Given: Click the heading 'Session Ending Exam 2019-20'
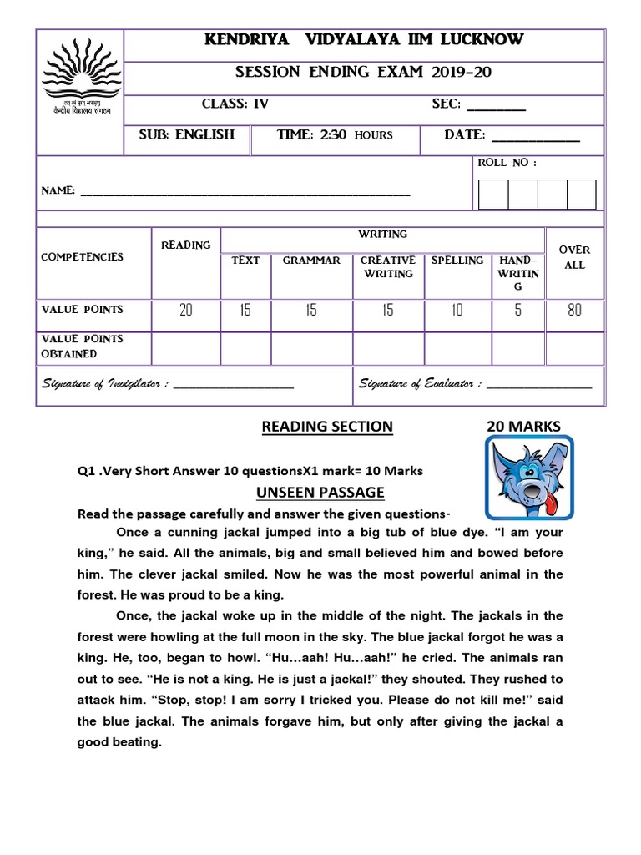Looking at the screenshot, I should point(362,72).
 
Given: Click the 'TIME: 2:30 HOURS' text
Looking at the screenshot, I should point(334,135).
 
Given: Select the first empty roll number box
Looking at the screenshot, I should point(492,194).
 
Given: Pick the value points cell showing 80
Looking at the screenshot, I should point(575,311).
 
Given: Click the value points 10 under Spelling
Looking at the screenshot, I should point(457,311).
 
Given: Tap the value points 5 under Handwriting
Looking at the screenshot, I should point(517,311).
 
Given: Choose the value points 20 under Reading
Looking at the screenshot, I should point(185,311).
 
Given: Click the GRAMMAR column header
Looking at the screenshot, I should point(311,261).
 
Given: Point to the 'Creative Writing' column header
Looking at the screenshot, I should point(388,267).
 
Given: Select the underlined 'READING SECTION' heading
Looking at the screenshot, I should point(327,427).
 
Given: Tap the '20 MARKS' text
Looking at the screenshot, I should point(523,427).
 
